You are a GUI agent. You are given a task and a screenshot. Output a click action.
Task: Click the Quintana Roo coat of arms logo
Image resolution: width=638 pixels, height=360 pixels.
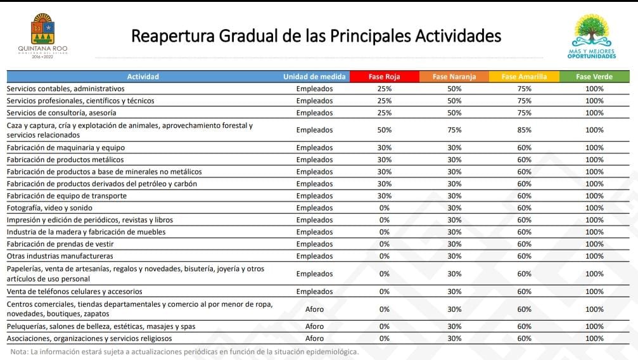[42, 29]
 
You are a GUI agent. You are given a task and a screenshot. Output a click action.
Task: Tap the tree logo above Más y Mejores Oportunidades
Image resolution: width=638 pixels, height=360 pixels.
[592, 30]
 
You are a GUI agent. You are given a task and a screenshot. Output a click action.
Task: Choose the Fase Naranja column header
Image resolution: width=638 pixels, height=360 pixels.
[454, 77]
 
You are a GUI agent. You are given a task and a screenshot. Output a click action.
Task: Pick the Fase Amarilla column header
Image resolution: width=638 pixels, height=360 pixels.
[524, 77]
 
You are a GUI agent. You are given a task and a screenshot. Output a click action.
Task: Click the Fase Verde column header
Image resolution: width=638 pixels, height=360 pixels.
[594, 77]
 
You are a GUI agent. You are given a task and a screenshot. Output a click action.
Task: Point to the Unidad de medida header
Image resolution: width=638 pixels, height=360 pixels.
[314, 77]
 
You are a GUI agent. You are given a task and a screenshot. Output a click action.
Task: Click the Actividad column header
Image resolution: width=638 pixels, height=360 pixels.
[143, 77]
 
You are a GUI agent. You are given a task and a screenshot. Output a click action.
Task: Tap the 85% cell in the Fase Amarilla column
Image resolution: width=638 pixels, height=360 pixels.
[524, 130]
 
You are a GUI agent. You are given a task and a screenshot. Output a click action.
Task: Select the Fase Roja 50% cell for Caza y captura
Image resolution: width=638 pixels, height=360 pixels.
[384, 130]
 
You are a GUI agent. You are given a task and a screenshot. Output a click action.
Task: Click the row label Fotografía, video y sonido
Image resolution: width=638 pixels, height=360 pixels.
[49, 208]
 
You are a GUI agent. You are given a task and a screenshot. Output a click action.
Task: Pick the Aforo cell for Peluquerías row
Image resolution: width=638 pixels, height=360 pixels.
[314, 326]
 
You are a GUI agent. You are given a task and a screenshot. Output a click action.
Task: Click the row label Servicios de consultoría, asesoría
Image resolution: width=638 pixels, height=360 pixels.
[61, 113]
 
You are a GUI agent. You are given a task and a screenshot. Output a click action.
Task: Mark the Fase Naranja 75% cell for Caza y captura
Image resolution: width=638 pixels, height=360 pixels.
[454, 130]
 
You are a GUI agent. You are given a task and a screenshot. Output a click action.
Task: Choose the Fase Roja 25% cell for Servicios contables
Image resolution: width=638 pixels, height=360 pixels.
[384, 89]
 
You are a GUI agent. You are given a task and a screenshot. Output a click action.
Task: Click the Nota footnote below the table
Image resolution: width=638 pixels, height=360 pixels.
[184, 352]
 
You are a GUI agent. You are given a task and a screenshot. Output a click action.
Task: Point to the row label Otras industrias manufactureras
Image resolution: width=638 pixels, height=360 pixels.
[60, 256]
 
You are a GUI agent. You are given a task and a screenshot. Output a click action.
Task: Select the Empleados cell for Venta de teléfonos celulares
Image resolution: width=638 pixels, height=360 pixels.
[314, 292]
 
